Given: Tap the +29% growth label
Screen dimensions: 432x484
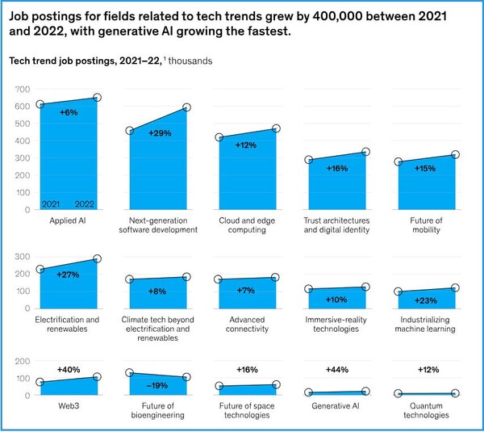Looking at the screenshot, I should pyautogui.click(x=161, y=132).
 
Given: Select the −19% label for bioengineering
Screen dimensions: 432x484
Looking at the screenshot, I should pyautogui.click(x=160, y=386).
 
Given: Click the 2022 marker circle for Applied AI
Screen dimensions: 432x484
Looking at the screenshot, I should pyautogui.click(x=98, y=99).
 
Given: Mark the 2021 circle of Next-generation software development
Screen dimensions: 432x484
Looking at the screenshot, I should pyautogui.click(x=130, y=131).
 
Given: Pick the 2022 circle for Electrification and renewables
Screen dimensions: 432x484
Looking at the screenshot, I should pyautogui.click(x=98, y=259).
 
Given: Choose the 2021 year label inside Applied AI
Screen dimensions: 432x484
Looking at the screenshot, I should pyautogui.click(x=52, y=203).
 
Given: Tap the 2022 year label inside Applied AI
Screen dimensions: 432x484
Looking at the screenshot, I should pyautogui.click(x=86, y=203).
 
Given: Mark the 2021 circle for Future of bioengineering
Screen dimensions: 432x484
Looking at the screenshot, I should pyautogui.click(x=130, y=373).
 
